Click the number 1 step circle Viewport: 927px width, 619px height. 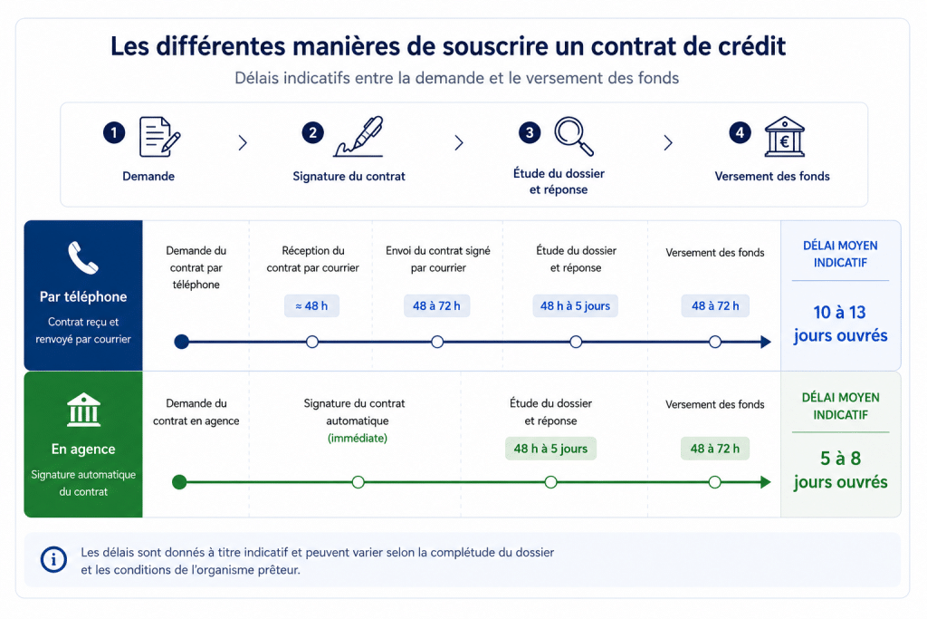(x=114, y=132)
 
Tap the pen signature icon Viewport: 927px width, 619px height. (x=358, y=137)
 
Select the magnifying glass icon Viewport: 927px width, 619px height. (x=574, y=136)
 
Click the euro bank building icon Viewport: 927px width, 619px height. (x=785, y=137)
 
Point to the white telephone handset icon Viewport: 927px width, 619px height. (x=82, y=257)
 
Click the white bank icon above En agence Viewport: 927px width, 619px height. (x=83, y=410)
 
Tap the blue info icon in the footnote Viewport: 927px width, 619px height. (x=53, y=559)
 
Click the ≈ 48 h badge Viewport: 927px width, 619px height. (x=311, y=306)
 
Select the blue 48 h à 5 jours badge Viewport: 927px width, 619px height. (x=575, y=306)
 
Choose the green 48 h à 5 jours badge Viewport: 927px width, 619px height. (x=550, y=449)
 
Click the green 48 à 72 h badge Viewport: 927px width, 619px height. (x=715, y=449)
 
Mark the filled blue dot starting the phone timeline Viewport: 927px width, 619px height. (x=181, y=342)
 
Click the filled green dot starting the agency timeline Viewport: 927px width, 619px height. (x=179, y=482)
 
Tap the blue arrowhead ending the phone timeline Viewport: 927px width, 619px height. (x=766, y=342)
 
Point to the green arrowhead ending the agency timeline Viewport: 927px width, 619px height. (x=766, y=482)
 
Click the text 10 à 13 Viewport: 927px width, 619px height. (x=839, y=312)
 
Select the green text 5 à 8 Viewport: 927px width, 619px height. (x=840, y=458)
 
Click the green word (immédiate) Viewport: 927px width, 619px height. (x=357, y=438)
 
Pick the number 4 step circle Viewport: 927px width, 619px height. (x=740, y=132)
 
